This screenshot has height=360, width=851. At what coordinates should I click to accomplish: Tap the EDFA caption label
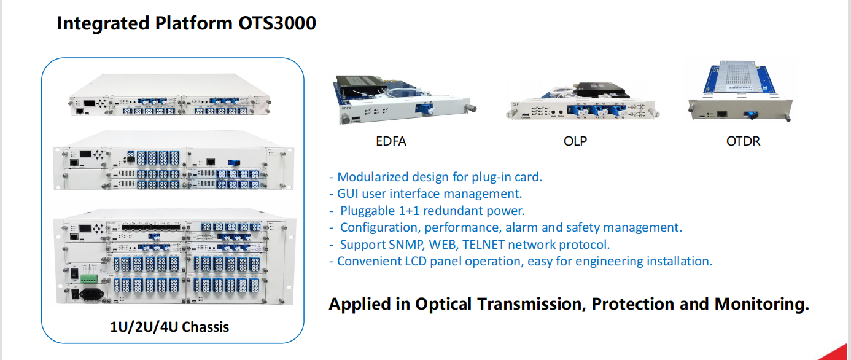pyautogui.click(x=391, y=141)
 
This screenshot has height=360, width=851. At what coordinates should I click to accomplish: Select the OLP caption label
pyautogui.click(x=575, y=141)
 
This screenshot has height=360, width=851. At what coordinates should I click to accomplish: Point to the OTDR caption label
pyautogui.click(x=743, y=141)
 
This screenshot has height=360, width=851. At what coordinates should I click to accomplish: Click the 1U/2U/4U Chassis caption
pyautogui.click(x=169, y=327)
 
